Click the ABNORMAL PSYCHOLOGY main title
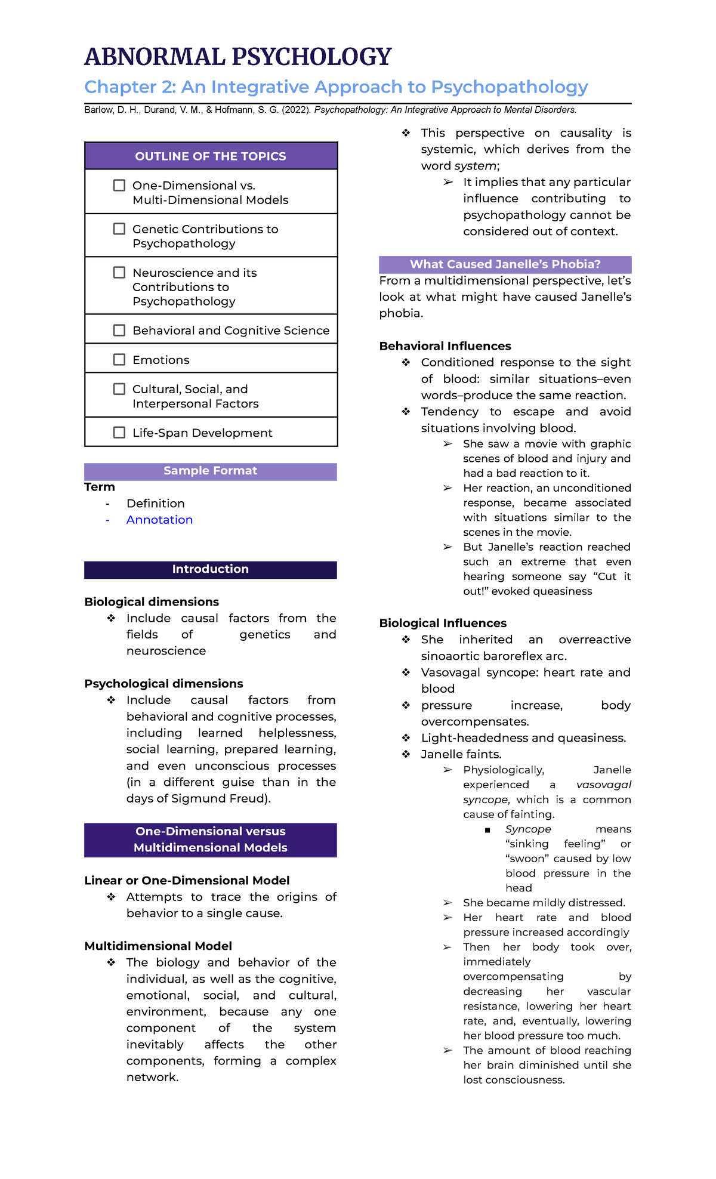[x=237, y=57]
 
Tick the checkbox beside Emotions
[x=119, y=360]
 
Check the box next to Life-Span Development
[x=119, y=433]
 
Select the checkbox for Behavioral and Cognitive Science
[x=119, y=331]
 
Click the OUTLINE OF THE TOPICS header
[x=211, y=156]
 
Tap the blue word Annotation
[x=159, y=520]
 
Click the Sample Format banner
[x=211, y=471]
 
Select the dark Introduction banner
[x=211, y=569]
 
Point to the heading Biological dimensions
[x=152, y=602]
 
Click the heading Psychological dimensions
[x=163, y=684]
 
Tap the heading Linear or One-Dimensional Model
[x=187, y=881]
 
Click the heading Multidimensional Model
[x=158, y=946]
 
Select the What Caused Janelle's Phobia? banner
[x=505, y=264]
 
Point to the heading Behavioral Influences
[x=445, y=346]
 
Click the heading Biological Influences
[x=443, y=624]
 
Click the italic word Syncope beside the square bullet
[x=528, y=829]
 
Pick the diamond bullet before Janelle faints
[x=406, y=755]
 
